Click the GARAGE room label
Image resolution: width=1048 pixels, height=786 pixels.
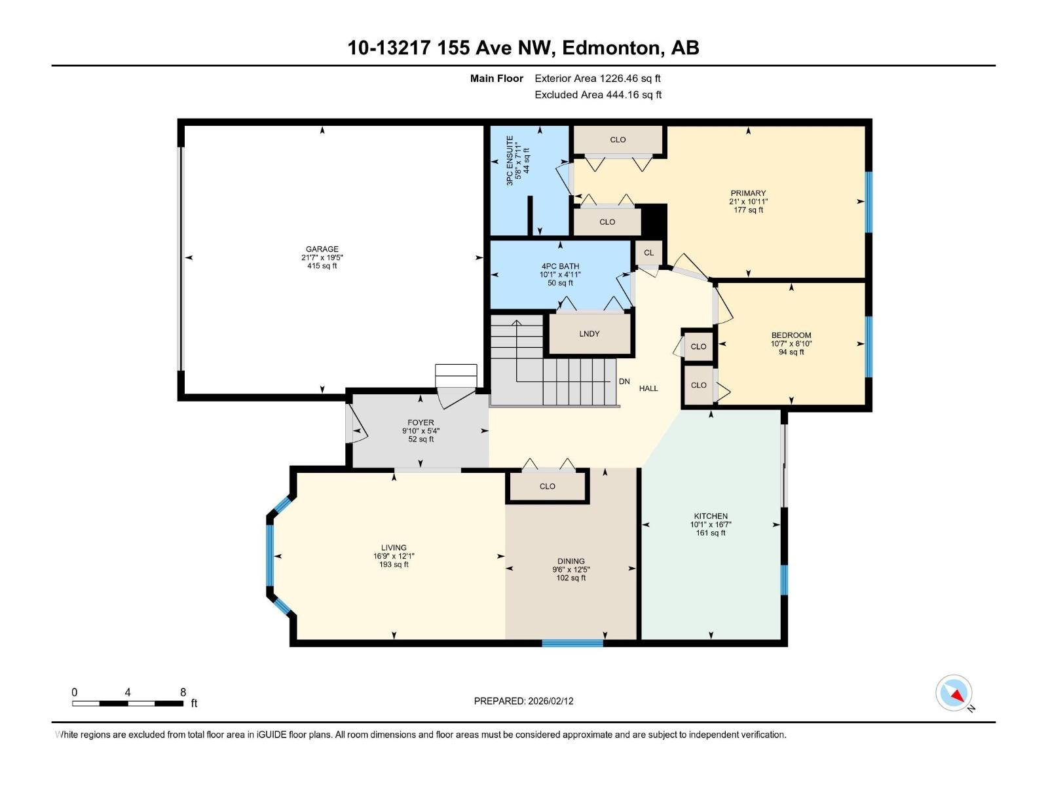pyautogui.click(x=322, y=249)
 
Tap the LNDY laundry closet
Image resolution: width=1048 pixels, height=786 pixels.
pyautogui.click(x=589, y=334)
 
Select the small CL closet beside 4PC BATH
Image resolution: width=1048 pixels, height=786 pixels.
pyautogui.click(x=648, y=253)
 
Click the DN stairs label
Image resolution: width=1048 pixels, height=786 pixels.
pyautogui.click(x=624, y=382)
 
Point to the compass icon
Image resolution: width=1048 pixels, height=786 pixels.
pyautogui.click(x=954, y=693)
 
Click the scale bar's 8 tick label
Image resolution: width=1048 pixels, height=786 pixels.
pyautogui.click(x=183, y=692)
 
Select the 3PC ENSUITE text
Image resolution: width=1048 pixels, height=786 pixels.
pyautogui.click(x=510, y=160)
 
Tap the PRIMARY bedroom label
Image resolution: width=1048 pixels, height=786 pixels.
pyautogui.click(x=748, y=193)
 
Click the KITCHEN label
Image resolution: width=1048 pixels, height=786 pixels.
pyautogui.click(x=711, y=516)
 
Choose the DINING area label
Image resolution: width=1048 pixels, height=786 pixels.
pyautogui.click(x=571, y=561)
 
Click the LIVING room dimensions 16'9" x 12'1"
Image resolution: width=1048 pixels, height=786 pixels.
pyautogui.click(x=394, y=556)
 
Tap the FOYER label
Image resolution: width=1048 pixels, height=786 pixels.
pyautogui.click(x=421, y=422)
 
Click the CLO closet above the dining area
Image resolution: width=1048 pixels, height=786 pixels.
pyautogui.click(x=548, y=487)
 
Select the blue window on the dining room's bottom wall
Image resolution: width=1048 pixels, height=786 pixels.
pyautogui.click(x=572, y=643)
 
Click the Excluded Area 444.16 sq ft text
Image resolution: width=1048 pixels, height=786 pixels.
pyautogui.click(x=597, y=95)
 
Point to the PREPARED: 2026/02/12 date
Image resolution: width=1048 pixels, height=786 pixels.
pyautogui.click(x=523, y=701)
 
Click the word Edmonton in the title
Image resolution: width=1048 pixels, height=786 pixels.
pyautogui.click(x=610, y=48)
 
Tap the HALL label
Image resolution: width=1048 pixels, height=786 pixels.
pyautogui.click(x=648, y=388)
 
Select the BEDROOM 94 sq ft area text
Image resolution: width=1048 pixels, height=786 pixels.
pyautogui.click(x=791, y=352)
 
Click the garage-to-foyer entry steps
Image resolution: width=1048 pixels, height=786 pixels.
pyautogui.click(x=456, y=377)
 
